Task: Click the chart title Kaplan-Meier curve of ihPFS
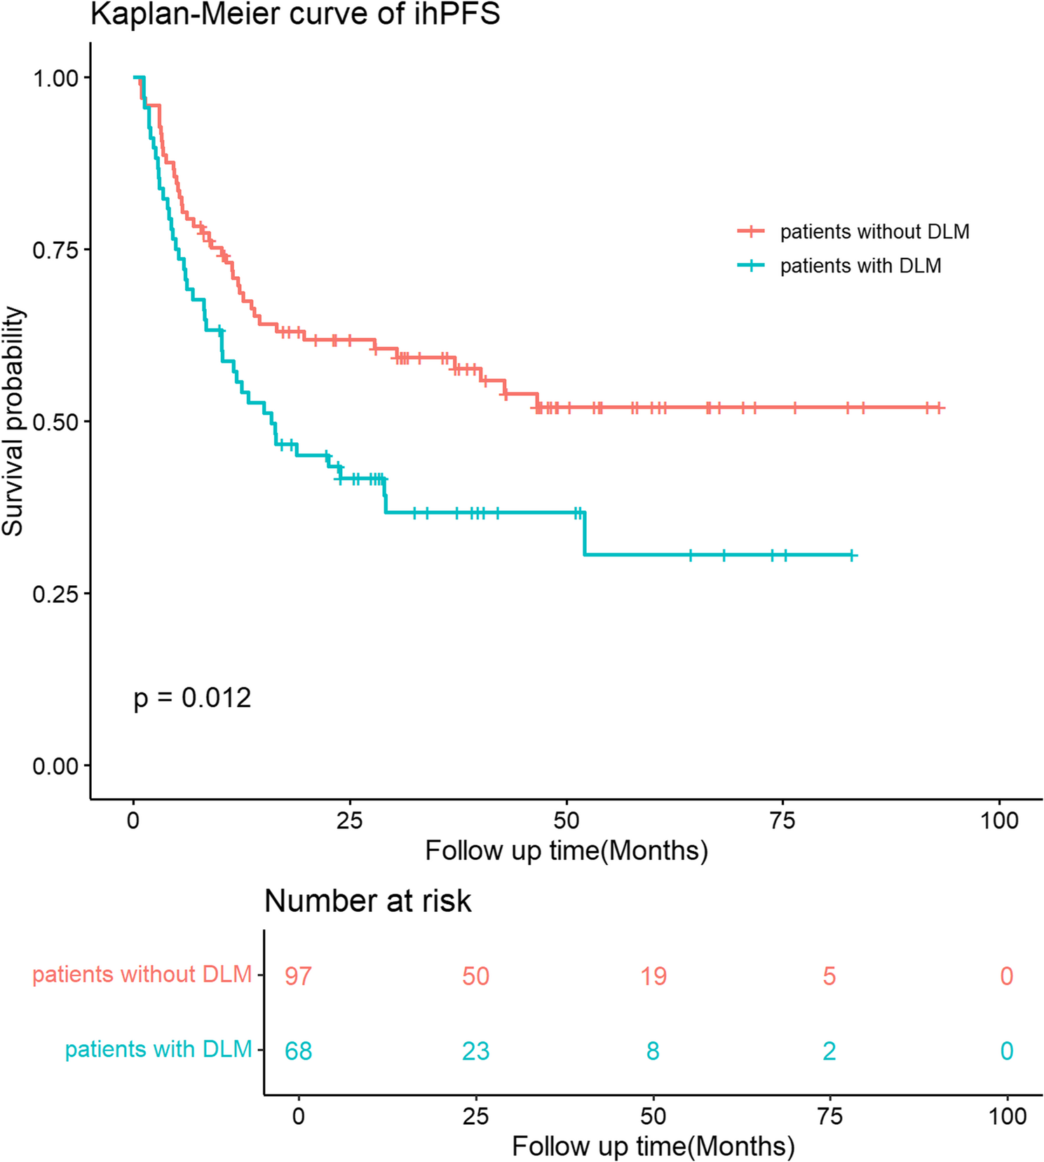pos(295,14)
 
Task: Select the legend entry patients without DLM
pos(874,231)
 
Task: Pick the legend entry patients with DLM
pos(860,266)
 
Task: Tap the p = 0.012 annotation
pos(192,698)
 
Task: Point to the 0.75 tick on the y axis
pos(55,250)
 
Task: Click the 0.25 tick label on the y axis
pos(55,594)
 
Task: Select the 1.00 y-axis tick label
pos(55,78)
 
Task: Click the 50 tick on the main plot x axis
pos(567,819)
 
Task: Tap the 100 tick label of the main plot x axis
pos(998,819)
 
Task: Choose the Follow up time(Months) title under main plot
pos(567,851)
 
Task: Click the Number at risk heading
pos(367,901)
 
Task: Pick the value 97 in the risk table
pos(298,976)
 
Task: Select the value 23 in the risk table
pos(475,1051)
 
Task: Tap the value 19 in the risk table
pos(653,976)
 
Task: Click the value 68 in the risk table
pos(298,1051)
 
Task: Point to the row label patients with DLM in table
pos(158,1049)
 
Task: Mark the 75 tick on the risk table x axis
pos(829,1116)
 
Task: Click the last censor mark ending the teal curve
pos(852,555)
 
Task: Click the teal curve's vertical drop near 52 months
pos(584,534)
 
